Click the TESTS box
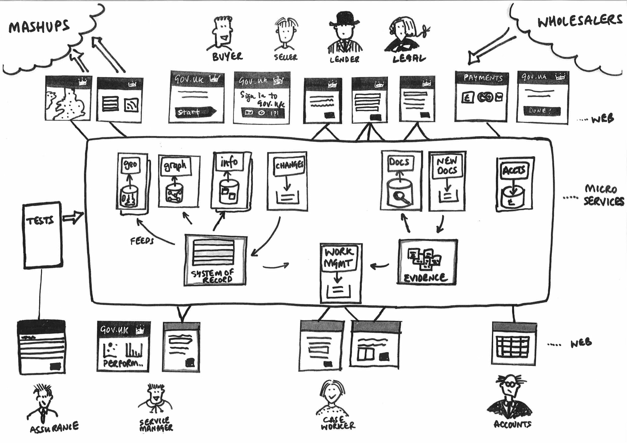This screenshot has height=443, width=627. click(x=43, y=235)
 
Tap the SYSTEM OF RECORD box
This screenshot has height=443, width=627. click(x=215, y=260)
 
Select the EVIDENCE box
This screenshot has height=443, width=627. click(x=427, y=262)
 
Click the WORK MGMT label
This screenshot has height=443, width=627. click(x=339, y=258)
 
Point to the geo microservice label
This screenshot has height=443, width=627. click(x=130, y=165)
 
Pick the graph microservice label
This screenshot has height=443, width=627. click(x=175, y=166)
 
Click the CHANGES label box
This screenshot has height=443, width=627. click(x=289, y=166)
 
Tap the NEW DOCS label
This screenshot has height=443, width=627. click(x=447, y=166)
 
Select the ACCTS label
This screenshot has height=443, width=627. click(x=514, y=170)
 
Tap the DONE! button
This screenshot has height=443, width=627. click(x=541, y=111)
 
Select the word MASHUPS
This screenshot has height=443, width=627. click(x=39, y=27)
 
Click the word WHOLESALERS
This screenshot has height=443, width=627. click(x=580, y=21)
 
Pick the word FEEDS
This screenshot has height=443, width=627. click(x=142, y=241)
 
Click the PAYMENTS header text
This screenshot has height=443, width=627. click(x=483, y=78)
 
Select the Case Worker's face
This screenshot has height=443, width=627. click(x=332, y=393)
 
